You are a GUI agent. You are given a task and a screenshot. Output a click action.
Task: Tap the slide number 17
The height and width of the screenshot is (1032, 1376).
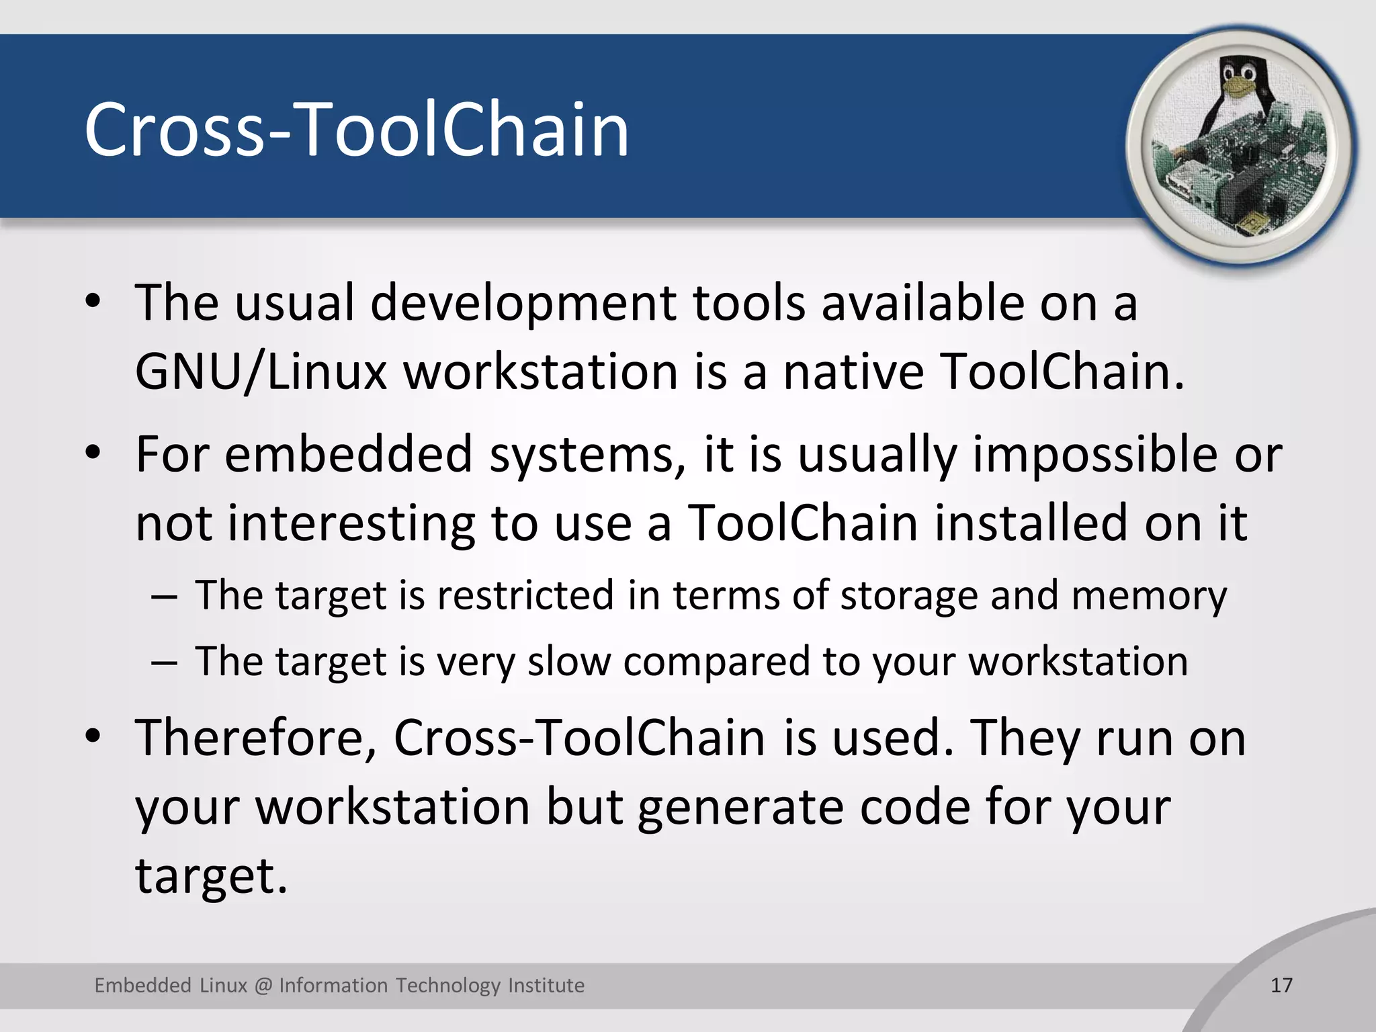[1282, 985]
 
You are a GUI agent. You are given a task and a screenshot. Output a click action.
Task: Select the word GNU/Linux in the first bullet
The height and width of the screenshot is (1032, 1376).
[261, 372]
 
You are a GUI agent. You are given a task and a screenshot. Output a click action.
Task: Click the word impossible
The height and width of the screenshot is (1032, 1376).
[1094, 454]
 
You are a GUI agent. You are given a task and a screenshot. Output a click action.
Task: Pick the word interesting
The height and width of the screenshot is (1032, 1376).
[351, 523]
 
